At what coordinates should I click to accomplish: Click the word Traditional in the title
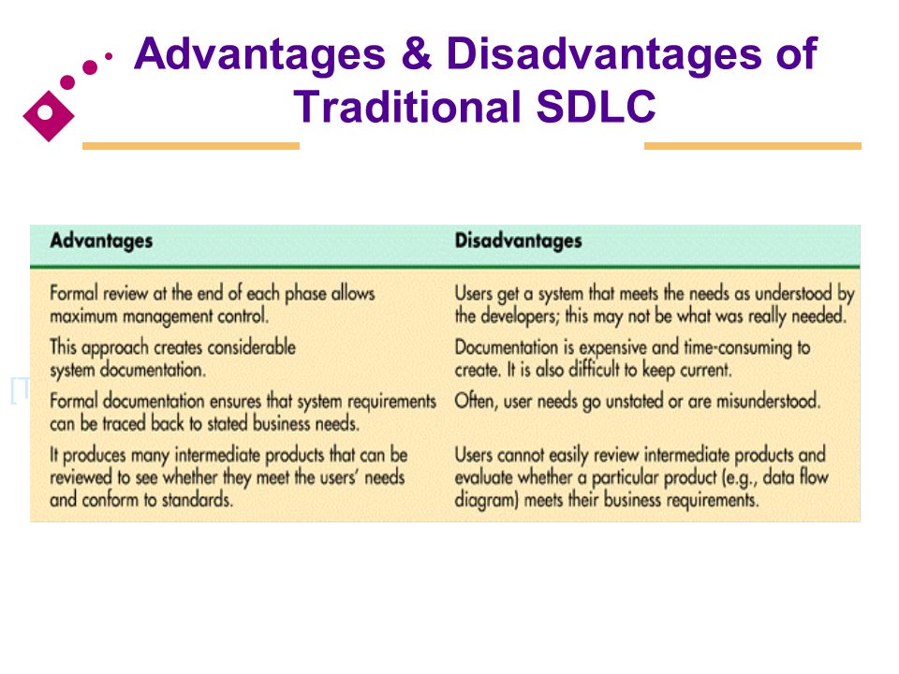coord(408,107)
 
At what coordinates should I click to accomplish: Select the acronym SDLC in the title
coord(597,107)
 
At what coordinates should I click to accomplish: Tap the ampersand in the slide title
coord(416,54)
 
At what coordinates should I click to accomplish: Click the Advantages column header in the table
coord(101,241)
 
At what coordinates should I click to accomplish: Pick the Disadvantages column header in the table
coord(518,241)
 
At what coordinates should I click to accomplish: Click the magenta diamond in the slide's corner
coord(49,116)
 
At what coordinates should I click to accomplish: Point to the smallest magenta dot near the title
coord(109,56)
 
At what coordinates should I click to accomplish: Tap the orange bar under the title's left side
coord(191,146)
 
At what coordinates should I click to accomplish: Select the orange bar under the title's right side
coord(753,146)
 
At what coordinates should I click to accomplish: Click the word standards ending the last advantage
coord(197,500)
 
